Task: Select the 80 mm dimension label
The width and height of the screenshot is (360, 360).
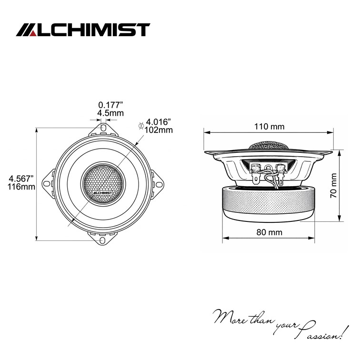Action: tap(269, 232)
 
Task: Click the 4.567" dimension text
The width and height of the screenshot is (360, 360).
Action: tap(21, 179)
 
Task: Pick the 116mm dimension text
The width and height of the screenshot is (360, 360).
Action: tap(21, 187)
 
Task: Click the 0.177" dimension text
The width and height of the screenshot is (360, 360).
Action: tap(110, 105)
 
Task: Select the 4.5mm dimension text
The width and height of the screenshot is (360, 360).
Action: tap(110, 113)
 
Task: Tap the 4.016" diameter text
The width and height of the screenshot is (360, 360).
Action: tap(160, 122)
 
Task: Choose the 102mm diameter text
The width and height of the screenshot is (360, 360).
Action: tap(159, 130)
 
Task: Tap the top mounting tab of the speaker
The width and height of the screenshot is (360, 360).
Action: tap(103, 129)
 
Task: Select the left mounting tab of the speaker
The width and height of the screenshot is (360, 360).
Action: tap(49, 182)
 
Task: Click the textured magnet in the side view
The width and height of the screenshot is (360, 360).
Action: tap(269, 202)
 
